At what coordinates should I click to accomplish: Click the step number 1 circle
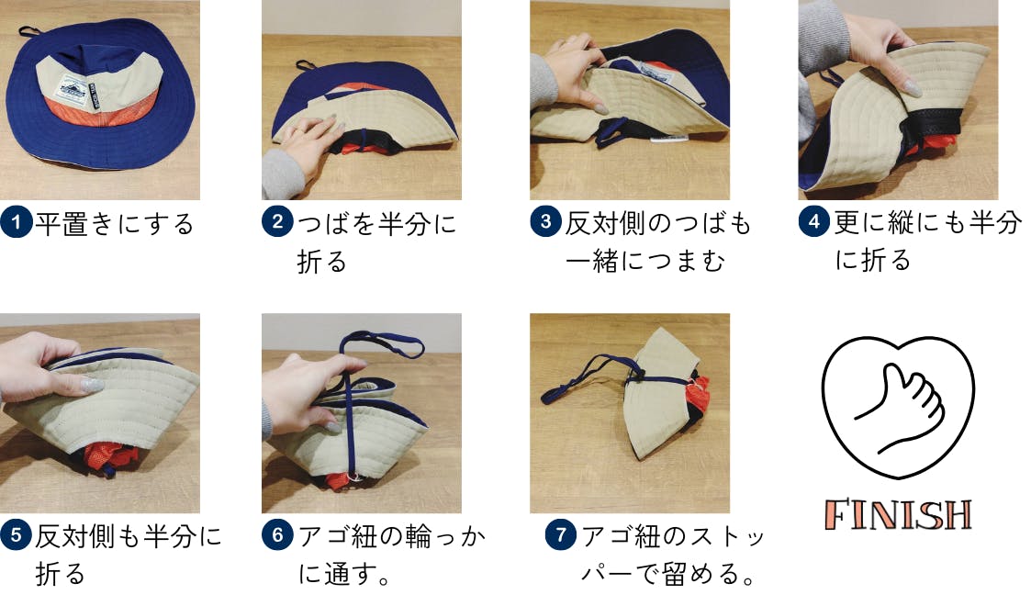pos(17,222)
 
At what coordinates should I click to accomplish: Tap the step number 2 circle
pos(277,222)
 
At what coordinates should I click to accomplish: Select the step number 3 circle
pos(545,222)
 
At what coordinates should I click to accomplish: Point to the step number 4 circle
pos(814,222)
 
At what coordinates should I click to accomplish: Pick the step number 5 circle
pos(17,535)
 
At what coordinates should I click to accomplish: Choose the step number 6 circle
pos(277,535)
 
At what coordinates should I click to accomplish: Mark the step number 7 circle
pos(561,534)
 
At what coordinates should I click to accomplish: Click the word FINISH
pos(898,515)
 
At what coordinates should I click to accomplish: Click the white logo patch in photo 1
pos(71,88)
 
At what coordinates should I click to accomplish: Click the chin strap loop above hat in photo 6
pos(381,343)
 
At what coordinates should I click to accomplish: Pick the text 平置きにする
pos(115,223)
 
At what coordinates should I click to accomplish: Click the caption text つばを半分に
pos(376,223)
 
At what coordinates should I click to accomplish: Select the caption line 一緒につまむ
pos(645,261)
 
